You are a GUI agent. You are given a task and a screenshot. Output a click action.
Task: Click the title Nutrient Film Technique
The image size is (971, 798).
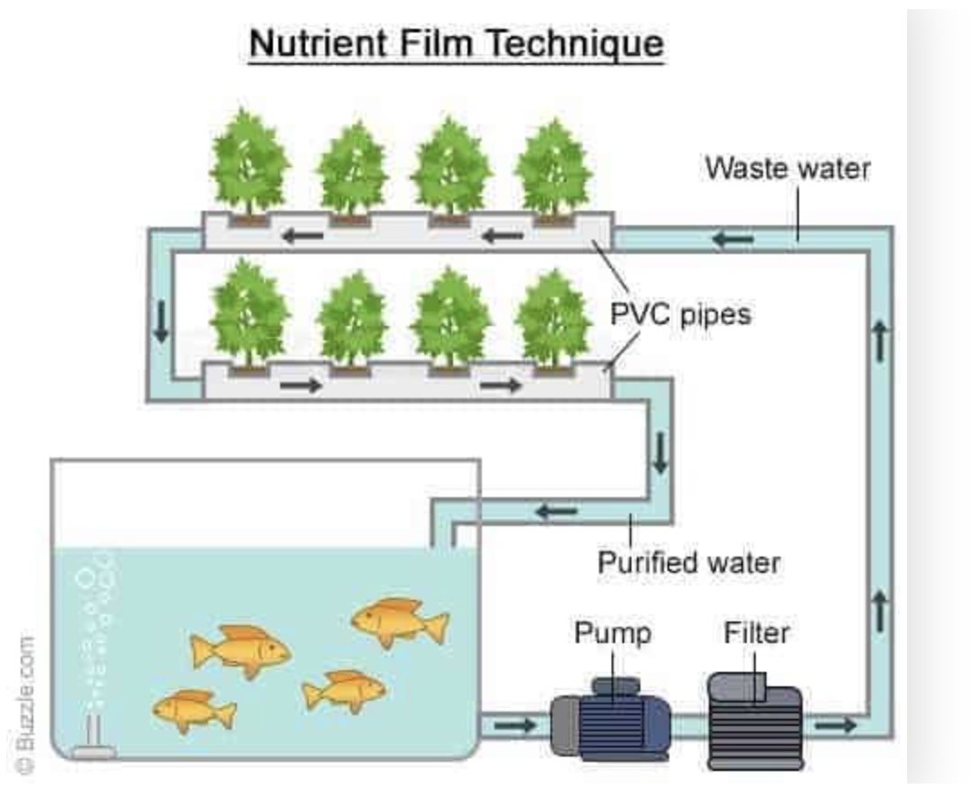click(456, 42)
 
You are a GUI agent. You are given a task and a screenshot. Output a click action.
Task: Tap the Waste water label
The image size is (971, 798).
click(787, 168)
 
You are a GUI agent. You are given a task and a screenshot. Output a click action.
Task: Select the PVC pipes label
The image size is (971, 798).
click(680, 315)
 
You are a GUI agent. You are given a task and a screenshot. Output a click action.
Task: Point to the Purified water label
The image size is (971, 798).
click(689, 563)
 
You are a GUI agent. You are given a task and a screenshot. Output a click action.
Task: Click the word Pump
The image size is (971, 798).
click(613, 632)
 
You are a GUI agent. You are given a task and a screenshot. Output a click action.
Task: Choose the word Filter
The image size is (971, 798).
click(757, 632)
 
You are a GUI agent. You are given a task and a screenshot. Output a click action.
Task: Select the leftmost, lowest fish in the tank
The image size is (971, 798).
click(193, 710)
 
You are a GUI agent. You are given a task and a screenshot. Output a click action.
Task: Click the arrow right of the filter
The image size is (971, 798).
click(836, 725)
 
